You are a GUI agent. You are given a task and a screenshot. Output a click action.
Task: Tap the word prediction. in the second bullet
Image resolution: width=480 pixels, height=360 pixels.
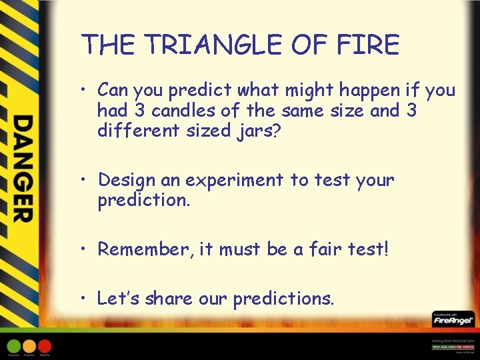click(143, 200)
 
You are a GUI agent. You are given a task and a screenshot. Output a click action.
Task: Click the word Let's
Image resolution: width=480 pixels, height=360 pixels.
click(118, 299)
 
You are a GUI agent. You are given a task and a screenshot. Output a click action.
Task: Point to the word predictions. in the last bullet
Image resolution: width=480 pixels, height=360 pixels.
click(283, 299)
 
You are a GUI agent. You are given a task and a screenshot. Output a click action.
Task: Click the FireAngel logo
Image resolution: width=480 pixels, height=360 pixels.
click(453, 319)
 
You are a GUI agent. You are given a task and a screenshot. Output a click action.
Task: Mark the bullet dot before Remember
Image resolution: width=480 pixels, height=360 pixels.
click(85, 249)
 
